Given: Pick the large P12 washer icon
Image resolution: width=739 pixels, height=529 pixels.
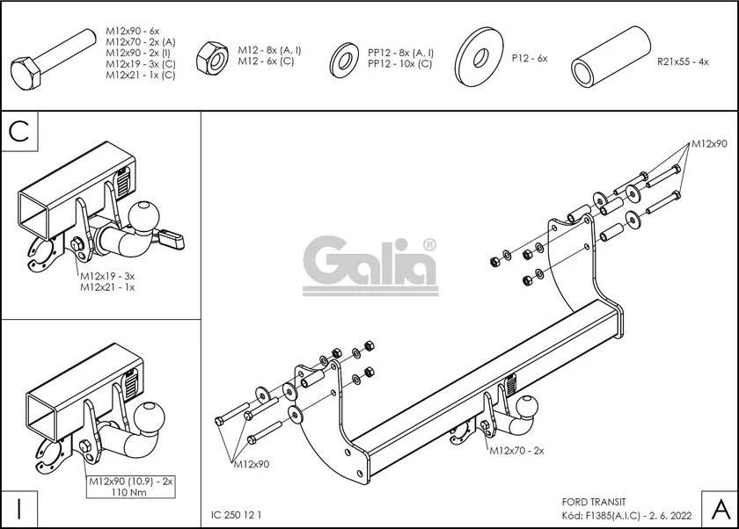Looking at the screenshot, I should pos(479,57).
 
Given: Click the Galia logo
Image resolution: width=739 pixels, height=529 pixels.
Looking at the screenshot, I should pos(370,263).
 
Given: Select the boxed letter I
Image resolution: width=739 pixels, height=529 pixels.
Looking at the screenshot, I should pos(20,507).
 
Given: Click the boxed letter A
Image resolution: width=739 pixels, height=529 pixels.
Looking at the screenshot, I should pos(718,507).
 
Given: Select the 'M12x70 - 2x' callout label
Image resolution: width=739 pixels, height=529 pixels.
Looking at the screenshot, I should pos(516,450).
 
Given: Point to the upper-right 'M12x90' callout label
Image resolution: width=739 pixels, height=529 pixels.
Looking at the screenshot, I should pos(708,143).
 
